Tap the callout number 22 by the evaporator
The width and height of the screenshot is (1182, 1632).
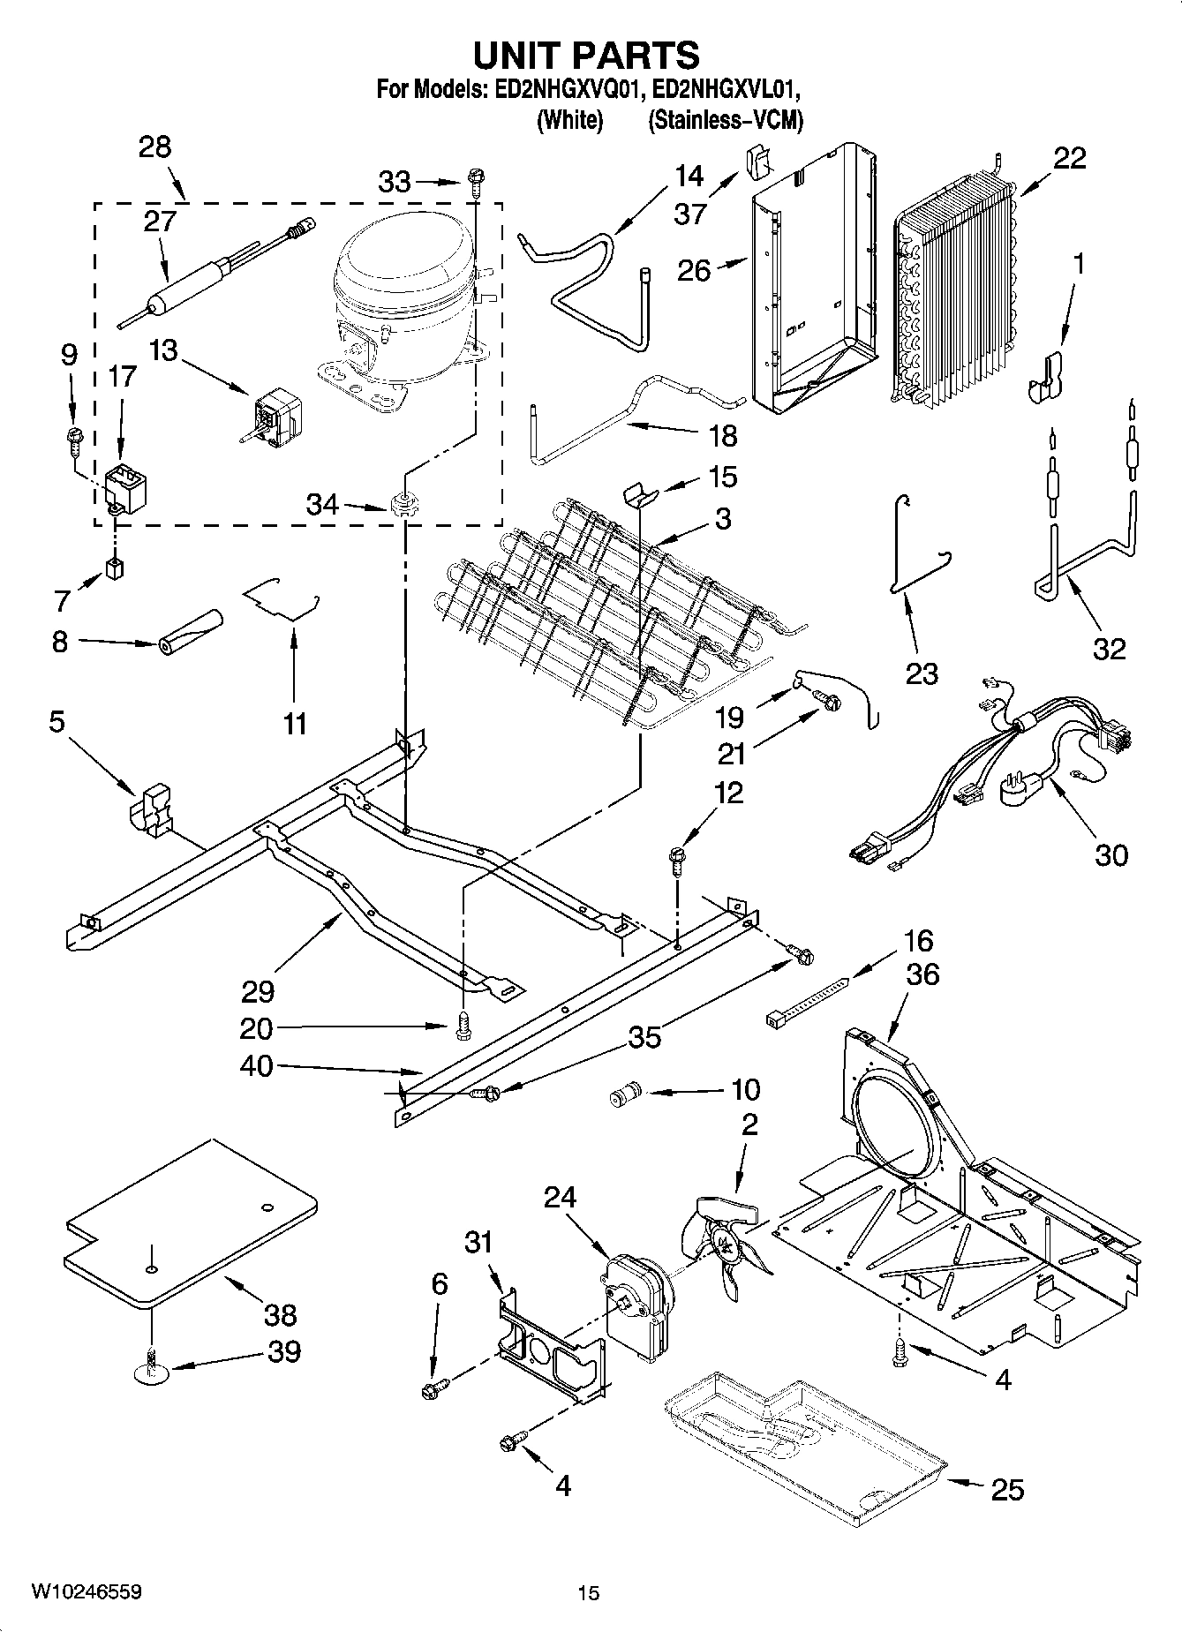pyautogui.click(x=1069, y=159)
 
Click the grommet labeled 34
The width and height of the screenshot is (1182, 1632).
pyautogui.click(x=403, y=506)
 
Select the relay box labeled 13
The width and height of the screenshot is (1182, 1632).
pyautogui.click(x=277, y=415)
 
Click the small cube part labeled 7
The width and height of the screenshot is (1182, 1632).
pyautogui.click(x=112, y=568)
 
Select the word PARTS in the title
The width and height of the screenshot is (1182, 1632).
pyautogui.click(x=636, y=55)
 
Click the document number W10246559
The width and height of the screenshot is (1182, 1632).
pyautogui.click(x=86, y=1591)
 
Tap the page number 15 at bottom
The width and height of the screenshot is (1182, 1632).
pyautogui.click(x=588, y=1592)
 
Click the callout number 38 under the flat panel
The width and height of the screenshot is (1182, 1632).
pyautogui.click(x=280, y=1314)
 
